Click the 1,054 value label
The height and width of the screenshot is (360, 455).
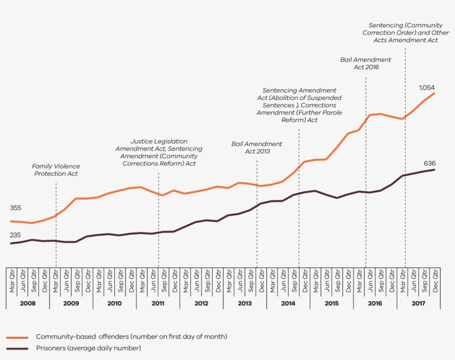click(428, 88)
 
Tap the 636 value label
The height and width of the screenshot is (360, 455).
click(429, 163)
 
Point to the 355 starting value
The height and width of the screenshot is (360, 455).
click(16, 208)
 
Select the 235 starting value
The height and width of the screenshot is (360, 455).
click(16, 235)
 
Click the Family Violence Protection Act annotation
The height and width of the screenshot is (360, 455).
click(55, 170)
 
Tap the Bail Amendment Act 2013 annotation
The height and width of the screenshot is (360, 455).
click(256, 148)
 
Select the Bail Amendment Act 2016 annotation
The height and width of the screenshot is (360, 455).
click(365, 63)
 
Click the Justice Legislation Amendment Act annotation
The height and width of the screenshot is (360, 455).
click(159, 153)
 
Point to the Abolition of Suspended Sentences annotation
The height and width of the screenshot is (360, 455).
click(299, 105)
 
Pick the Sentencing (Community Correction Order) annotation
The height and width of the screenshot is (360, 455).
click(406, 33)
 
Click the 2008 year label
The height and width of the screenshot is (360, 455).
click(27, 303)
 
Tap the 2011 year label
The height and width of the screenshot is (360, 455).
click(158, 303)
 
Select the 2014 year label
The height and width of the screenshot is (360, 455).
click(288, 303)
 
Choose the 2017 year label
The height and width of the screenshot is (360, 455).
click(418, 303)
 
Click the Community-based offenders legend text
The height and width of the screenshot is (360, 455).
click(132, 337)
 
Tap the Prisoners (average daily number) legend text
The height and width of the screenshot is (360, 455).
click(88, 348)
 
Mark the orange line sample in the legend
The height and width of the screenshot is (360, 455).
click(18, 337)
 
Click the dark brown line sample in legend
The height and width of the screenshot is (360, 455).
click(18, 348)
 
